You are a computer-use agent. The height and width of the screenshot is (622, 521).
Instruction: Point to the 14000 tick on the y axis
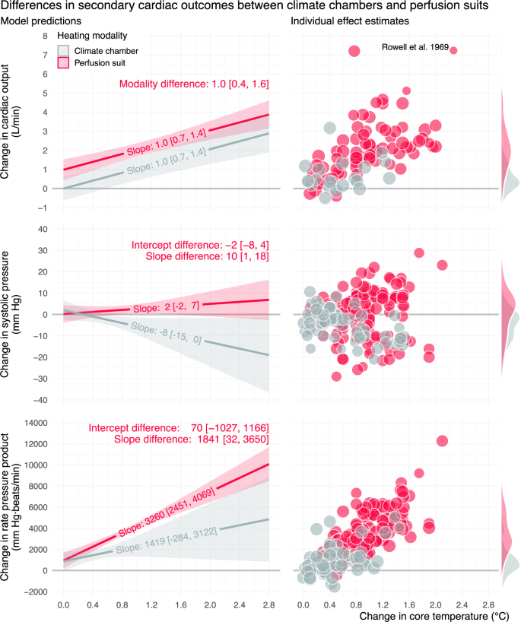[x=39, y=422]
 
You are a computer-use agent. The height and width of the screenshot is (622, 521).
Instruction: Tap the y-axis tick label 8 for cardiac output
[x=46, y=36]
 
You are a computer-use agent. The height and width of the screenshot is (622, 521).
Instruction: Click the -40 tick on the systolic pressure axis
[x=42, y=399]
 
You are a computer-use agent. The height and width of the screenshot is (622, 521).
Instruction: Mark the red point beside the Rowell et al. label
[x=453, y=50]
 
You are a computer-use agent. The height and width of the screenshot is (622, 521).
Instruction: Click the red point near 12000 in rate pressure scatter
[x=443, y=441]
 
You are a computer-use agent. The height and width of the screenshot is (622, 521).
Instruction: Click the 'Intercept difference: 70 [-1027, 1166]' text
[x=179, y=428]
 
